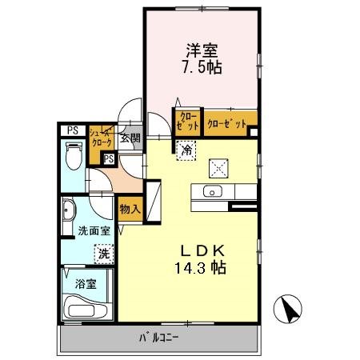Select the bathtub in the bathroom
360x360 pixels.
[86, 307]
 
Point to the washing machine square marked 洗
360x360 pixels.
[102, 254]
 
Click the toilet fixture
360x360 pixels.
[74, 154]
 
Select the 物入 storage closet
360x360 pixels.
[130, 210]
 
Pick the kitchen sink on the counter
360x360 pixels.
[212, 191]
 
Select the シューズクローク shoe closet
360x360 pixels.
[102, 138]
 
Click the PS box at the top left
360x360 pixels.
[72, 130]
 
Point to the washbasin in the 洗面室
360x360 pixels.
[69, 213]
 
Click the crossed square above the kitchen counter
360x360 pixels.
[218, 167]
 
